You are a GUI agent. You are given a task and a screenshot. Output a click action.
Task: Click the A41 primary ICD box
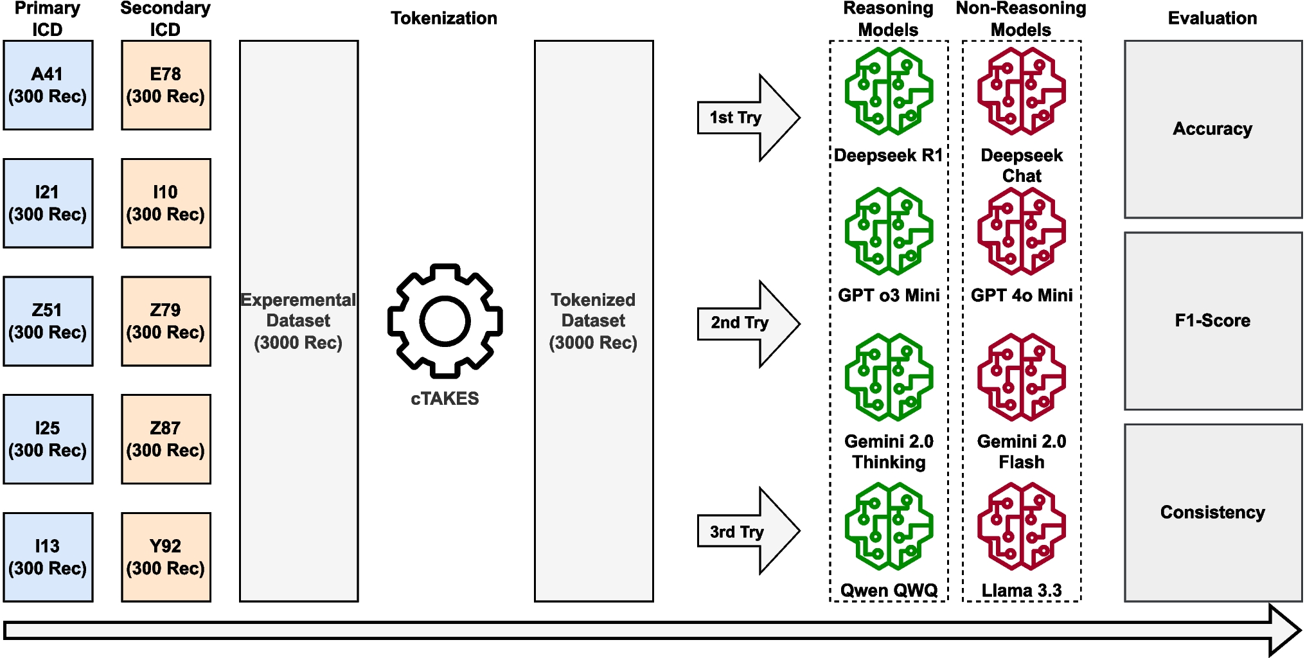click(x=48, y=85)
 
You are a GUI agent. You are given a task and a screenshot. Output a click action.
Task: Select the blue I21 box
click(x=48, y=203)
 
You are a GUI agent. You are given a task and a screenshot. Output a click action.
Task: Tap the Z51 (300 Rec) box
click(x=48, y=321)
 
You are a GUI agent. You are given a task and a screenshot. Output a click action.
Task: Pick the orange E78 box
click(x=166, y=85)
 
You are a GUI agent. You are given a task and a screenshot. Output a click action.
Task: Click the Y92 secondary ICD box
click(x=166, y=557)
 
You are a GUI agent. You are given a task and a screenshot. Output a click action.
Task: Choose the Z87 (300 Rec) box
click(x=166, y=439)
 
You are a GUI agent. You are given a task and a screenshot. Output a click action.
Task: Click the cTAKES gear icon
click(x=445, y=321)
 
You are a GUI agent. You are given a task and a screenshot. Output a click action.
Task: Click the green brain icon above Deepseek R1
click(x=889, y=91)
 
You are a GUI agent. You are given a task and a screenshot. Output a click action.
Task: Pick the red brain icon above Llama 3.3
click(x=1021, y=526)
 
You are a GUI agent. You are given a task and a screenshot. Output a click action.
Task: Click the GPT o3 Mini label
click(x=889, y=296)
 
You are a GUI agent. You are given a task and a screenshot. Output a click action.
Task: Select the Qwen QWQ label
click(x=889, y=590)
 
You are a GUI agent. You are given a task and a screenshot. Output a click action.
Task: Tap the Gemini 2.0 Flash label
click(x=1021, y=452)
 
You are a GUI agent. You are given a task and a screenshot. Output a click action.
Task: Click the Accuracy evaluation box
click(x=1212, y=129)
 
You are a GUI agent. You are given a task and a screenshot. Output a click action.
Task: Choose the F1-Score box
click(x=1212, y=321)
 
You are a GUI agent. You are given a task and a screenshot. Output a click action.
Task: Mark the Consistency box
click(x=1212, y=512)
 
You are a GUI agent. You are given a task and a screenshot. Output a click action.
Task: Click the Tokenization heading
click(x=444, y=18)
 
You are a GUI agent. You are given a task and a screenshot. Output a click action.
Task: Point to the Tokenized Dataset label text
click(x=593, y=321)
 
